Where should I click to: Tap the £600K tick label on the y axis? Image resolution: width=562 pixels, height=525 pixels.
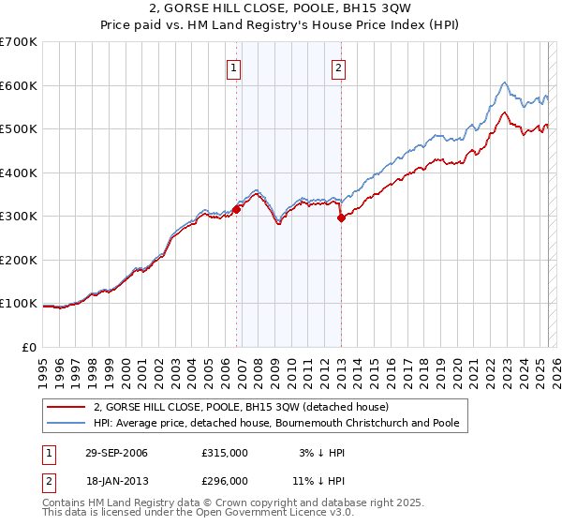click(x=19, y=85)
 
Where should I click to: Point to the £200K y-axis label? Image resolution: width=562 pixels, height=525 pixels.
click(x=19, y=260)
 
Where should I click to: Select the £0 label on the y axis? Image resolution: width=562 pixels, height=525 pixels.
click(x=28, y=347)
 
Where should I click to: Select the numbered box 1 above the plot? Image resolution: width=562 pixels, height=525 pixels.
click(x=233, y=67)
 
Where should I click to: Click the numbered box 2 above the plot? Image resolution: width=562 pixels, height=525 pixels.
click(x=337, y=67)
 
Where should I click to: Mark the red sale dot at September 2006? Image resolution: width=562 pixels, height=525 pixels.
click(x=237, y=210)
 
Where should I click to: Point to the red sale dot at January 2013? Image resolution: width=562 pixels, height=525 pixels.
click(x=341, y=218)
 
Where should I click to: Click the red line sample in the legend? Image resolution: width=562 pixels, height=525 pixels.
click(x=67, y=407)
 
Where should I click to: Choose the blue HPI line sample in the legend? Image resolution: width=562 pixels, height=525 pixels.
click(x=67, y=423)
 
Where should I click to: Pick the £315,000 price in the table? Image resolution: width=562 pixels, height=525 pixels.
click(x=225, y=453)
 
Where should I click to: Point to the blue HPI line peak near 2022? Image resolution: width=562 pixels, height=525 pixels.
click(x=504, y=82)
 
